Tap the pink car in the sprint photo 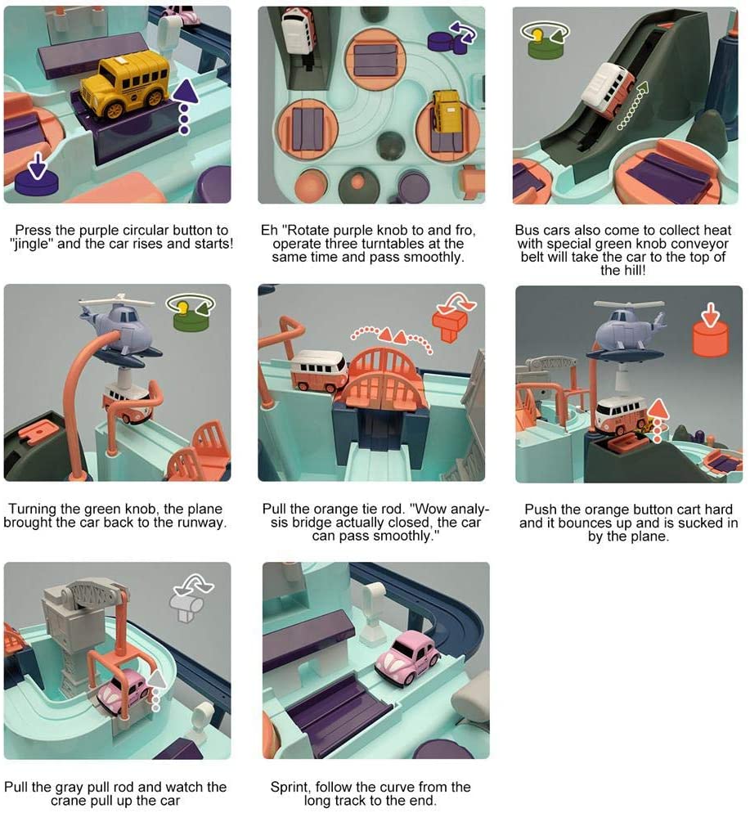pos(407,658)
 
